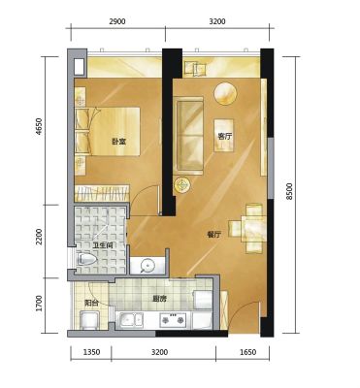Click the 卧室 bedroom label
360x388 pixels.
coord(118,142)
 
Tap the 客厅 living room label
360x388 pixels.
coord(225,136)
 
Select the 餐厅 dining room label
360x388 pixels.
coord(214,235)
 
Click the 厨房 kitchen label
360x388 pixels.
coord(159,299)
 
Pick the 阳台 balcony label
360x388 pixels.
coord(91,303)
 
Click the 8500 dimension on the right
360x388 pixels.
coord(289,191)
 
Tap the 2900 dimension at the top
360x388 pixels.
coord(117,21)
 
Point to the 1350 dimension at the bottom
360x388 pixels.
coord(91,352)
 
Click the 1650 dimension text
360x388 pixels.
coord(248,352)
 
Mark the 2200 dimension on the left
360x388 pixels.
coord(39,237)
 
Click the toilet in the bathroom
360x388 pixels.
coord(86,260)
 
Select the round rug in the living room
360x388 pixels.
coord(226,93)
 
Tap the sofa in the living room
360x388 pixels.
coord(188,135)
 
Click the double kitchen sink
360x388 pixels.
coord(129,321)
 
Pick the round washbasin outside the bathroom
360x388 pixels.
coord(147,266)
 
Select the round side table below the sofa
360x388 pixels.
coord(182,185)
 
